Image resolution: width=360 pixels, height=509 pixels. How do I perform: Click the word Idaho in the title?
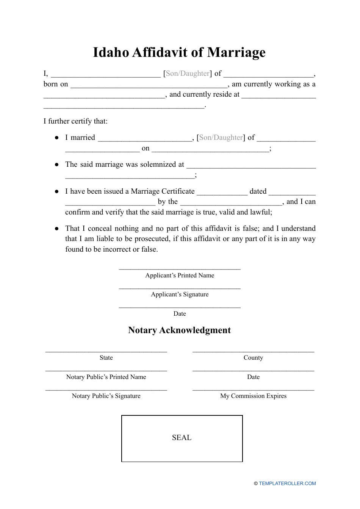111,52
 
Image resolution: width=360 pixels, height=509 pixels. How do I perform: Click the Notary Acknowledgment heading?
179,330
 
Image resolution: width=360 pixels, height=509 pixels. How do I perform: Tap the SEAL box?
182,438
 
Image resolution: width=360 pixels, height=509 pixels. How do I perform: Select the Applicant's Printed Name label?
180,276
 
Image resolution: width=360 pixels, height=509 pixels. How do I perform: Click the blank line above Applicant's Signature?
180,288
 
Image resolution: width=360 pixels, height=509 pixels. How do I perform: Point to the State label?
106,358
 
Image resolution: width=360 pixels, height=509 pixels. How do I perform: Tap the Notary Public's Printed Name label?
106,377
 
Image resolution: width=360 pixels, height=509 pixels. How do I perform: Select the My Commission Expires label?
253,396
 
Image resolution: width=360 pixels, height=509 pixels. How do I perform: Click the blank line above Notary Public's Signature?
106,390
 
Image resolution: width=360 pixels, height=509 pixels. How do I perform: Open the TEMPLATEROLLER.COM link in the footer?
287,484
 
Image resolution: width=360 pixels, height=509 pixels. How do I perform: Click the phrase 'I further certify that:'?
75,121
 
